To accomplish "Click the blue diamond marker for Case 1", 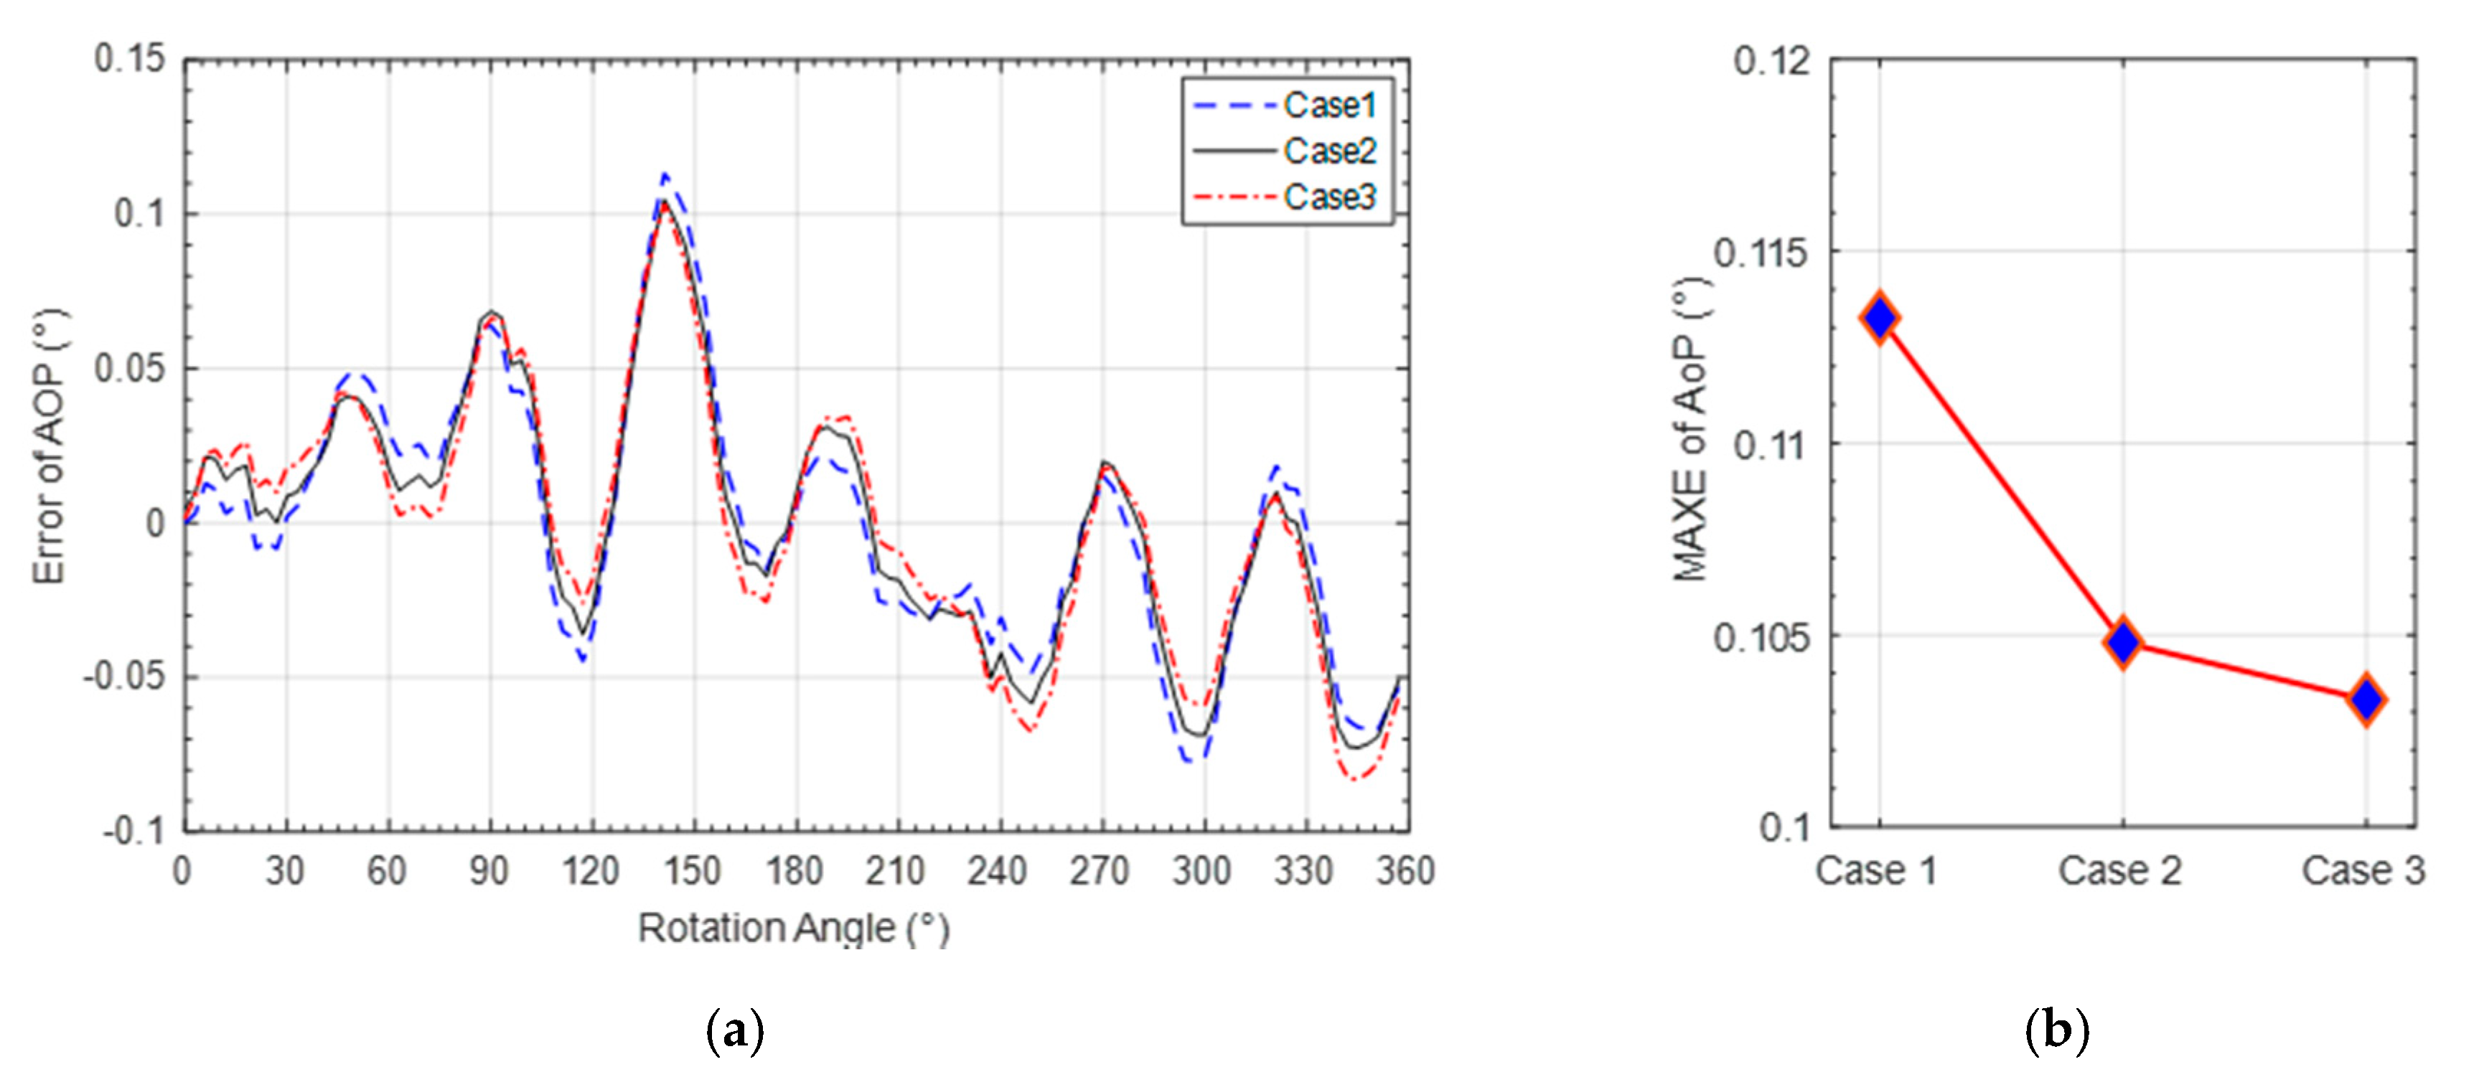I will pyautogui.click(x=1880, y=318).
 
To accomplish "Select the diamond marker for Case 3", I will pyautogui.click(x=2366, y=700).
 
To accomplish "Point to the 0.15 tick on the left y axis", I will pyautogui.click(x=130, y=60).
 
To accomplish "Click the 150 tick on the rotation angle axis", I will pyautogui.click(x=691, y=871).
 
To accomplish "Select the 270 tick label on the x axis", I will pyautogui.click(x=1100, y=871).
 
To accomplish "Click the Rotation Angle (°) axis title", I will pyautogui.click(x=793, y=928).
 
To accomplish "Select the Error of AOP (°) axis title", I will pyautogui.click(x=50, y=446).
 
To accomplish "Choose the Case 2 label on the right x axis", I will pyautogui.click(x=2119, y=871).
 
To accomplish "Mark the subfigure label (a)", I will pyautogui.click(x=735, y=1030).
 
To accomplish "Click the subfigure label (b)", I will pyautogui.click(x=2056, y=1030).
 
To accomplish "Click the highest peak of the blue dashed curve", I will pyautogui.click(x=665, y=176).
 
